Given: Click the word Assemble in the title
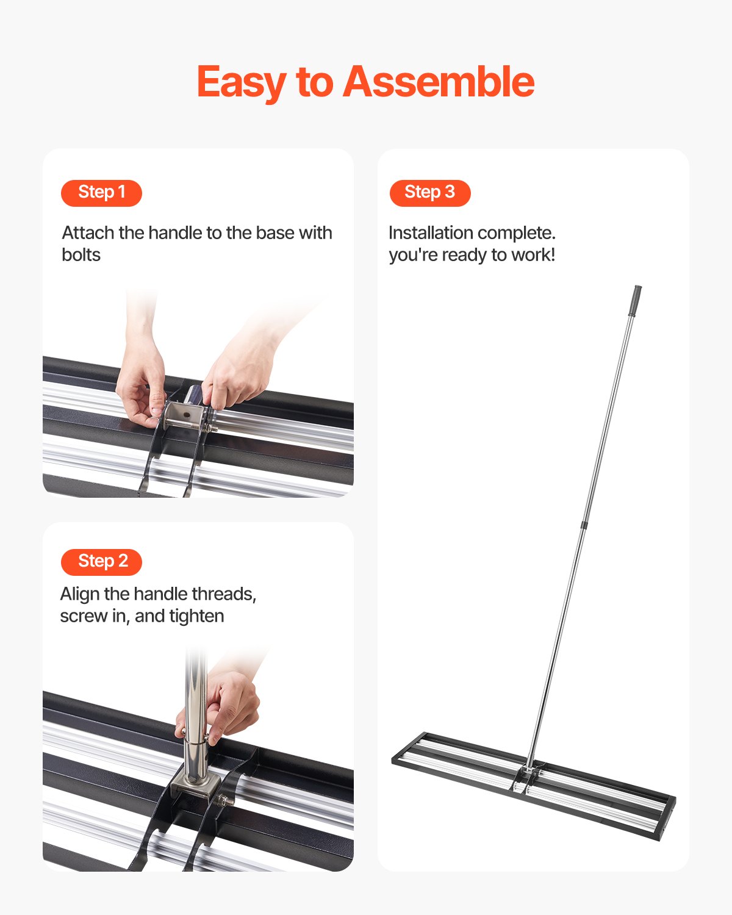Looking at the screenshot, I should pyautogui.click(x=439, y=82).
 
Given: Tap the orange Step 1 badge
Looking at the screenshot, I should pyautogui.click(x=101, y=193).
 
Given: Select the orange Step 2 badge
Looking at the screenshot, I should pyautogui.click(x=101, y=562).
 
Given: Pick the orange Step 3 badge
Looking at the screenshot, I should pyautogui.click(x=430, y=193).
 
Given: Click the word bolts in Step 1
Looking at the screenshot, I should pyautogui.click(x=81, y=255).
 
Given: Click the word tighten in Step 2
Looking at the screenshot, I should pyautogui.click(x=196, y=616).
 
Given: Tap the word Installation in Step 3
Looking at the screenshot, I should pyautogui.click(x=431, y=233).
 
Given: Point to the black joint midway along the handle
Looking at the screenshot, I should pyautogui.click(x=584, y=525).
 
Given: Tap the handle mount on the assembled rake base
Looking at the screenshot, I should pyautogui.click(x=528, y=775).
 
